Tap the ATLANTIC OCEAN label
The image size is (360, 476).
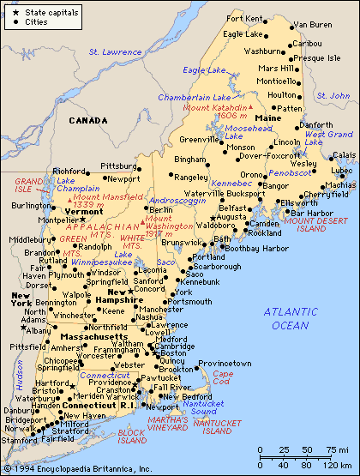coord(290,318)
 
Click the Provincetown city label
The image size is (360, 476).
coord(225,364)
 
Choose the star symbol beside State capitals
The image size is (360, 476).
coord(9,11)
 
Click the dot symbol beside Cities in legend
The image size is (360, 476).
coord(9,22)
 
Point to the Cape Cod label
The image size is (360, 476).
coord(222,380)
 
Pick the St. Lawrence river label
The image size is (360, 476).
coord(115,52)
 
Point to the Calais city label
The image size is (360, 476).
coord(345,154)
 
